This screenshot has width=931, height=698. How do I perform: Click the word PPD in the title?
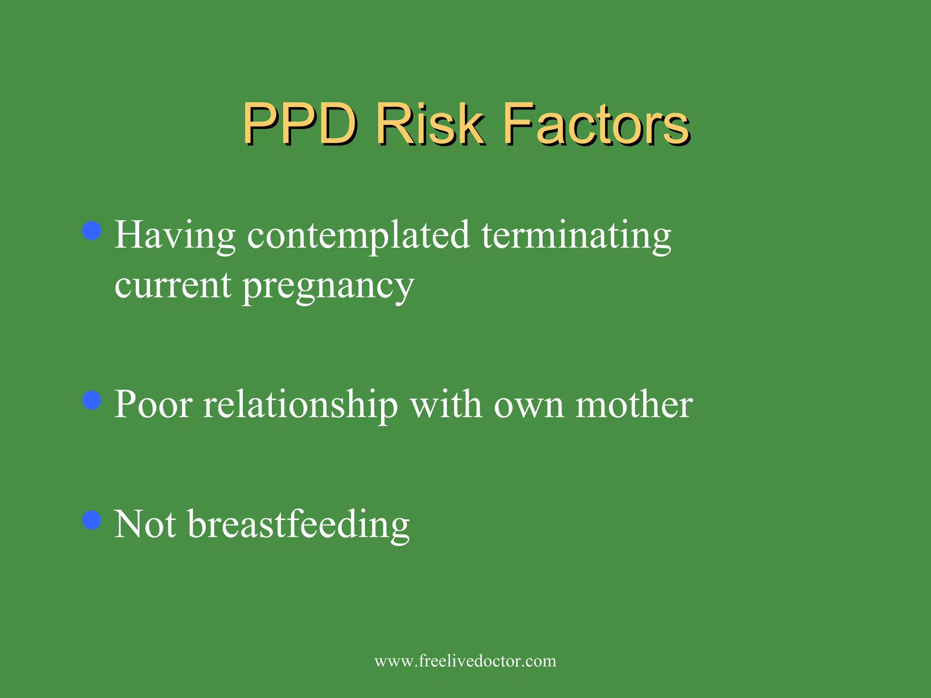[300, 124]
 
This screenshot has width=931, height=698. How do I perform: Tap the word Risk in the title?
[430, 124]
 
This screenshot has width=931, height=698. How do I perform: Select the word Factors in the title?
[597, 124]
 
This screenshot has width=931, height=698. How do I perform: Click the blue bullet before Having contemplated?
[92, 230]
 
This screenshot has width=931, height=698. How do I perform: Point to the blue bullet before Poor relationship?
[92, 400]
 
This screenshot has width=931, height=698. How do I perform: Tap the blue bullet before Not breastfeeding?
[92, 520]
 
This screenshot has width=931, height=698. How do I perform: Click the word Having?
[175, 235]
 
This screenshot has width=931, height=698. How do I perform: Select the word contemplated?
[358, 235]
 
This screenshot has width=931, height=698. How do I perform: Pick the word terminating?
[576, 235]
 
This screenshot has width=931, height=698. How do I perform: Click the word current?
[173, 285]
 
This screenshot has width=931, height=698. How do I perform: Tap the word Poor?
[153, 404]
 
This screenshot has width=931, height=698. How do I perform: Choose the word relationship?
[300, 405]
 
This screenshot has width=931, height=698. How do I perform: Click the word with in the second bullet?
[446, 404]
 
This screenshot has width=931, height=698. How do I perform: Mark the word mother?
[634, 404]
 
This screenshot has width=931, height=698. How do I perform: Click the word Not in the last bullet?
[145, 524]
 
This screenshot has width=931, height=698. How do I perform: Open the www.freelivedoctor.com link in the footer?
[465, 661]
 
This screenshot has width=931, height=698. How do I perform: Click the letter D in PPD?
[336, 124]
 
